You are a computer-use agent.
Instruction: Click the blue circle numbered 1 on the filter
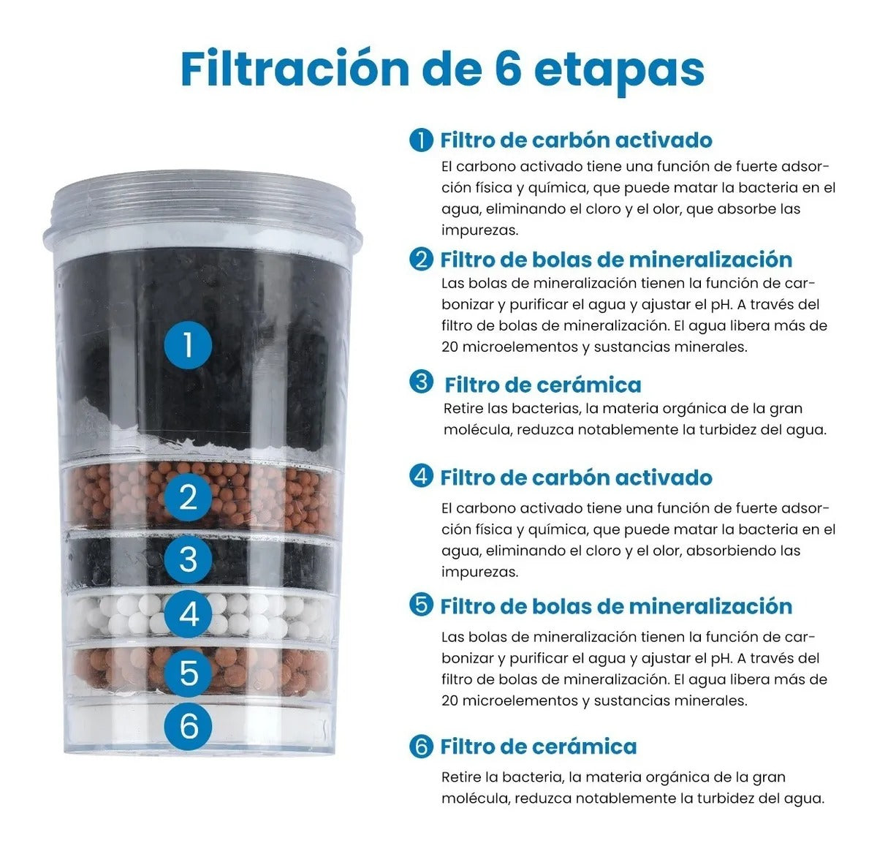(189, 344)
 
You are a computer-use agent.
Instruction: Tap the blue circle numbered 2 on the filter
(189, 497)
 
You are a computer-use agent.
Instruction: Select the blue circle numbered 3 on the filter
(189, 559)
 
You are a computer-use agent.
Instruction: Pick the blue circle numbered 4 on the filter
(189, 614)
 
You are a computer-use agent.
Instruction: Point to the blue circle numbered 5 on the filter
(189, 671)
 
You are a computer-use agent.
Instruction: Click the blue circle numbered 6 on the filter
(189, 725)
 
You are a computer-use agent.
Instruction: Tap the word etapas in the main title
(619, 70)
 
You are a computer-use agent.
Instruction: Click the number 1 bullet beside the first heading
(421, 140)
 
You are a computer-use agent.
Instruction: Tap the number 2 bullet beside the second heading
(421, 260)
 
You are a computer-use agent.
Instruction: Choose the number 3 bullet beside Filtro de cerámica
(421, 382)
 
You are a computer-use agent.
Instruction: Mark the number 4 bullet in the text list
(421, 476)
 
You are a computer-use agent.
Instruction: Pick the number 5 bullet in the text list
(421, 605)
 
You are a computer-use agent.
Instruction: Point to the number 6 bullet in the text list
(421, 747)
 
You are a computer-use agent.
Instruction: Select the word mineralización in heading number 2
(710, 260)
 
